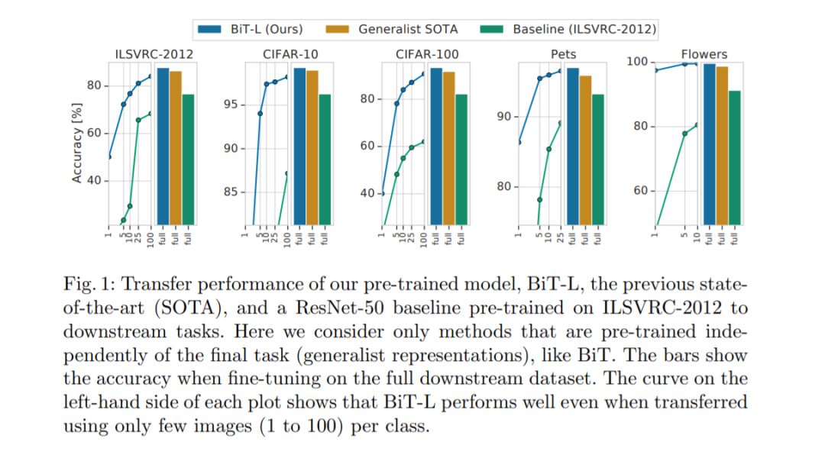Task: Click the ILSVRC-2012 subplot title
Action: click(154, 54)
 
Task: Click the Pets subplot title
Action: click(563, 54)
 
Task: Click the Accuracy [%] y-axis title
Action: click(76, 144)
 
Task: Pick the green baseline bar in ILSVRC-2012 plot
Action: click(188, 160)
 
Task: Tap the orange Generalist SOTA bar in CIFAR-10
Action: click(312, 148)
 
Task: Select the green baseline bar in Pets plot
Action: click(597, 160)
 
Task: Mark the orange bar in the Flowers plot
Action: click(722, 146)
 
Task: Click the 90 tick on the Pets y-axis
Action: click(503, 117)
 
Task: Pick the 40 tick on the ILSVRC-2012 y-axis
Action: click(95, 181)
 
